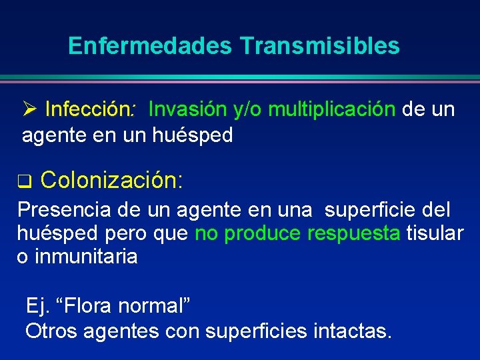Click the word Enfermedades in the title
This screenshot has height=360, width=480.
[x=150, y=46]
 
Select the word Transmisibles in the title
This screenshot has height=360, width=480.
[x=319, y=46]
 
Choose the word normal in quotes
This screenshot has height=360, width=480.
[x=153, y=307]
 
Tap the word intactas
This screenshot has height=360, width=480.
[x=351, y=330]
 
